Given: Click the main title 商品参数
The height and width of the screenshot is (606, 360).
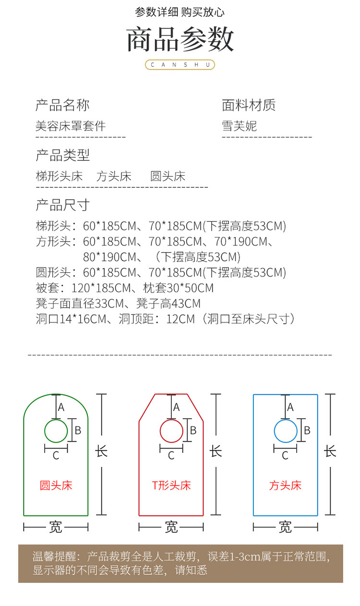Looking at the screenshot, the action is pyautogui.click(x=180, y=39).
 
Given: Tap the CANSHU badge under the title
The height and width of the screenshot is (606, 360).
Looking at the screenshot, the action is pyautogui.click(x=180, y=65).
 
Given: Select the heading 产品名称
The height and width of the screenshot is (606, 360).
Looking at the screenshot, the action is pyautogui.click(x=62, y=105).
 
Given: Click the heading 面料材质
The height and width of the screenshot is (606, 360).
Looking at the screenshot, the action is pyautogui.click(x=249, y=105).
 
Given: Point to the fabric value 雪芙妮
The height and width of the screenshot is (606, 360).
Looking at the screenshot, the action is pyautogui.click(x=240, y=126).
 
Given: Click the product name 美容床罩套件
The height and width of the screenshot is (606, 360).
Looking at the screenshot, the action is pyautogui.click(x=71, y=126).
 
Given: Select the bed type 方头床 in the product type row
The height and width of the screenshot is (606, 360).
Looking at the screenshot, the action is pyautogui.click(x=114, y=176).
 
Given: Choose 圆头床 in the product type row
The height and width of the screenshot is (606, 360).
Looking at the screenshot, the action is pyautogui.click(x=168, y=176).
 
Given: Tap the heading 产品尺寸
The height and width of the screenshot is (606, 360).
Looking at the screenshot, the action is pyautogui.click(x=62, y=205).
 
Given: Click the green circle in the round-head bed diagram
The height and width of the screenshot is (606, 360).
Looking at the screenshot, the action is pyautogui.click(x=56, y=431).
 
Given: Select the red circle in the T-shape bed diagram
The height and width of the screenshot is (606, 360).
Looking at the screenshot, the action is pyautogui.click(x=171, y=431).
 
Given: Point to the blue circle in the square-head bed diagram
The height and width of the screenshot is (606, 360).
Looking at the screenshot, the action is pyautogui.click(x=286, y=431).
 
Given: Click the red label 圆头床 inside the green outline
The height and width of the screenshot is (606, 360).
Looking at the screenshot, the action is pyautogui.click(x=56, y=485).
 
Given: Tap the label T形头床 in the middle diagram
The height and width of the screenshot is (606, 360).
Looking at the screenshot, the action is pyautogui.click(x=171, y=485).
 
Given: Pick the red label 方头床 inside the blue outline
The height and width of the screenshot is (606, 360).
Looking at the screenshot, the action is pyautogui.click(x=286, y=485).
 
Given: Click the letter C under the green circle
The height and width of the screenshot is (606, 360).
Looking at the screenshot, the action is pyautogui.click(x=56, y=456).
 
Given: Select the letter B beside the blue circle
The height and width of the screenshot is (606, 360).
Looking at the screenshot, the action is pyautogui.click(x=307, y=430).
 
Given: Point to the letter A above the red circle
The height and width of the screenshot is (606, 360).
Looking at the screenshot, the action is pyautogui.click(x=177, y=407).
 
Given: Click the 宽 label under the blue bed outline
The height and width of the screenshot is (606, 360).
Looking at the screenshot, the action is pyautogui.click(x=286, y=527).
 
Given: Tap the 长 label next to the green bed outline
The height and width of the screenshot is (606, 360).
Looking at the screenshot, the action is pyautogui.click(x=101, y=451).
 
